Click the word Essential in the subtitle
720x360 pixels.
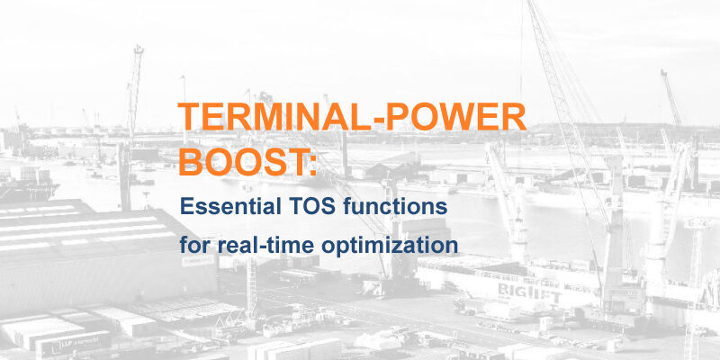[230, 206]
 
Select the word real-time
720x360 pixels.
[265, 246]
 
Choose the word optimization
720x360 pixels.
[390, 247]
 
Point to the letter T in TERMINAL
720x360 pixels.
[190, 117]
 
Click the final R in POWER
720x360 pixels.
[513, 117]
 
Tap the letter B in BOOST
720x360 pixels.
[190, 162]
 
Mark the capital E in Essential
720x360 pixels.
[186, 206]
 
